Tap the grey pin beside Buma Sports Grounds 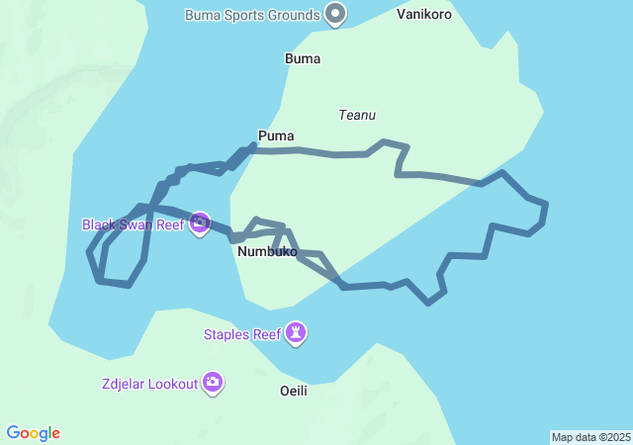(x=336, y=14)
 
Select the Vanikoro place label (x=424, y=15)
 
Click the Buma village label (x=302, y=58)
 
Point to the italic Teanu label (x=357, y=116)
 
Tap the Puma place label (x=276, y=135)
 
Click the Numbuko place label (x=267, y=252)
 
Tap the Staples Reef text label (x=242, y=334)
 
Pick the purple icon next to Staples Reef (x=296, y=334)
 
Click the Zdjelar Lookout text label (x=149, y=384)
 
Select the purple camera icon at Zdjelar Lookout (x=213, y=383)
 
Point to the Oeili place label (x=294, y=391)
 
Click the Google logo (x=34, y=433)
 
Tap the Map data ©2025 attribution (x=590, y=437)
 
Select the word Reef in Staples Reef (x=266, y=334)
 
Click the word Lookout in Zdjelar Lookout (x=174, y=384)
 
